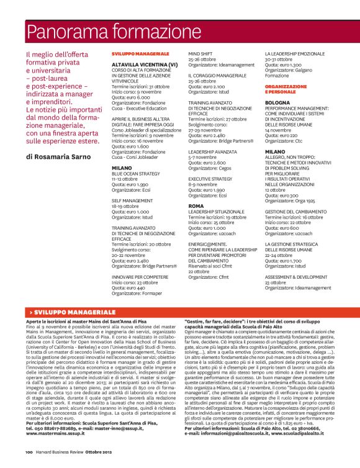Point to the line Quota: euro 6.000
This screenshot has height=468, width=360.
[x=130, y=97]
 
